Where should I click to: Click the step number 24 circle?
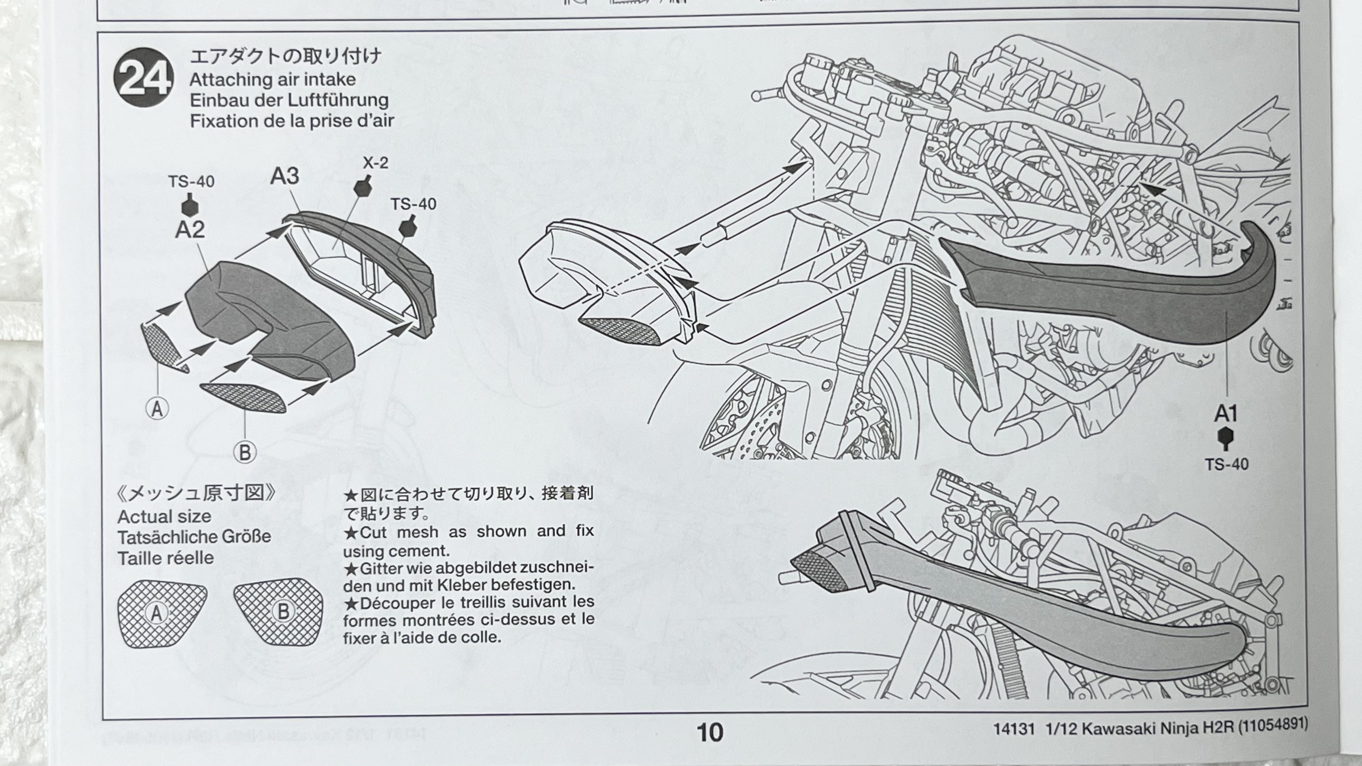tap(143, 77)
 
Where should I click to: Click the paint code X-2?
tap(375, 163)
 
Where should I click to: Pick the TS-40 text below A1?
tap(1227, 465)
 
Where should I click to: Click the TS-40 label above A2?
tap(192, 182)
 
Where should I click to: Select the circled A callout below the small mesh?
tap(157, 409)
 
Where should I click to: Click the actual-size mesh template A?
tap(161, 613)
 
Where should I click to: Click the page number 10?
tap(710, 733)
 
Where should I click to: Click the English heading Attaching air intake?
tap(272, 80)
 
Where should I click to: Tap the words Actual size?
tap(165, 516)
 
